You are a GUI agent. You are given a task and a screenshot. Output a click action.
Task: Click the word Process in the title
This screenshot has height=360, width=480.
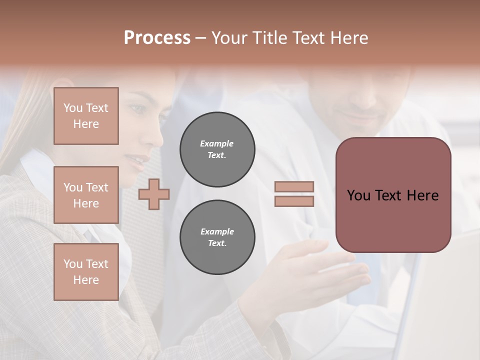coord(157,38)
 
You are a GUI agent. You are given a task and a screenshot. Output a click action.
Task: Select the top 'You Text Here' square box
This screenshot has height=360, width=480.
coord(86,116)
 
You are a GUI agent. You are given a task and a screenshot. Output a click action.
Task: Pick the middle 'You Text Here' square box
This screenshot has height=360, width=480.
coord(86,195)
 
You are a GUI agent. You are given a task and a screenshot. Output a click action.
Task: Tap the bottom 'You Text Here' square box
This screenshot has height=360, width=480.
coord(86,272)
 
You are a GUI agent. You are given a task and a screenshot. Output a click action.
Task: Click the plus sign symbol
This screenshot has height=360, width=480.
coord(154,194)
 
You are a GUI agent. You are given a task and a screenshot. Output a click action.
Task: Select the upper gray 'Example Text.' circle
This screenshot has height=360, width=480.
coord(217,149)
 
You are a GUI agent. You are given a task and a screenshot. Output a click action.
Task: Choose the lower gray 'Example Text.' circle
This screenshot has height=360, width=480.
coord(217,237)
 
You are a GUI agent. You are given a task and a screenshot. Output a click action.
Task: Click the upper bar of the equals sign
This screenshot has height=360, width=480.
coord(294,187)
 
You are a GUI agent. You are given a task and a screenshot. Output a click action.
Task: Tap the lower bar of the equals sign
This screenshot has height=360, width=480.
coord(294,201)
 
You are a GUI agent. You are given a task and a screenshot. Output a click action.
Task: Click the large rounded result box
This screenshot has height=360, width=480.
coord(393,195)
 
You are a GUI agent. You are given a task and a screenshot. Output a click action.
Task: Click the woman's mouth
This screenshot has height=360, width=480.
coord(133,159)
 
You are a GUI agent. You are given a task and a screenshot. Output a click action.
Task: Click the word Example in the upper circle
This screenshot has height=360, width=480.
coord(217,143)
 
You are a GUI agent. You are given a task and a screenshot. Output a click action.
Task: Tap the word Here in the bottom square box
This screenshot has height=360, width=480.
coord(86,280)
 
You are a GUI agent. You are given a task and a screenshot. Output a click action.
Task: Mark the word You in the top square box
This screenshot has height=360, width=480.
coord(73,108)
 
